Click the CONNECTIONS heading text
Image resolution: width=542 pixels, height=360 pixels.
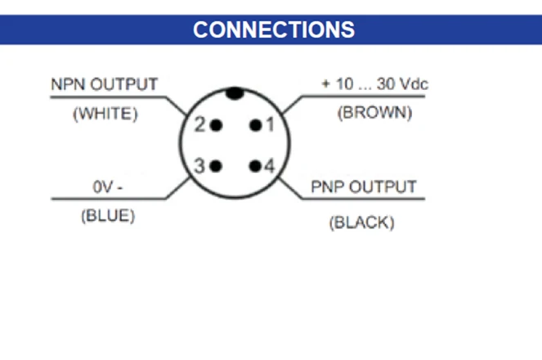tap(274, 30)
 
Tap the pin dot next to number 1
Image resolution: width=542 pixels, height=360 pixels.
tap(256, 125)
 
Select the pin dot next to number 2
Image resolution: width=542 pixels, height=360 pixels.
tap(216, 125)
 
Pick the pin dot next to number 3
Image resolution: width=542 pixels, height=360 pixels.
tap(216, 166)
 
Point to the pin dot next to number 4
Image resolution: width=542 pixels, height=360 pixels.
tap(256, 166)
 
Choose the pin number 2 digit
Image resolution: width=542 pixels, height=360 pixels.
tap(200, 126)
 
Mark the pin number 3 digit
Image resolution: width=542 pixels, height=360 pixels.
tap(199, 166)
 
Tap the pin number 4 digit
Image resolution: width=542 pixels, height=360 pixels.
tap(270, 167)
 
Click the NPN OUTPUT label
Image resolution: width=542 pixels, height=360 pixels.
tap(105, 85)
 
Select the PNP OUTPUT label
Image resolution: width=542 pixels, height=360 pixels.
tap(364, 187)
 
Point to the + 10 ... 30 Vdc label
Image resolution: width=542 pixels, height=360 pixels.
tap(375, 85)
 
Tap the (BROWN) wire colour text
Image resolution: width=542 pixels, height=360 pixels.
tap(374, 114)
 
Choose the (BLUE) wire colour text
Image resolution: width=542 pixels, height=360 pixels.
tap(107, 217)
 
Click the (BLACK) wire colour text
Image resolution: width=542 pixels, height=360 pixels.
tap(361, 222)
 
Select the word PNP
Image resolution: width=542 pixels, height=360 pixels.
tap(328, 187)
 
